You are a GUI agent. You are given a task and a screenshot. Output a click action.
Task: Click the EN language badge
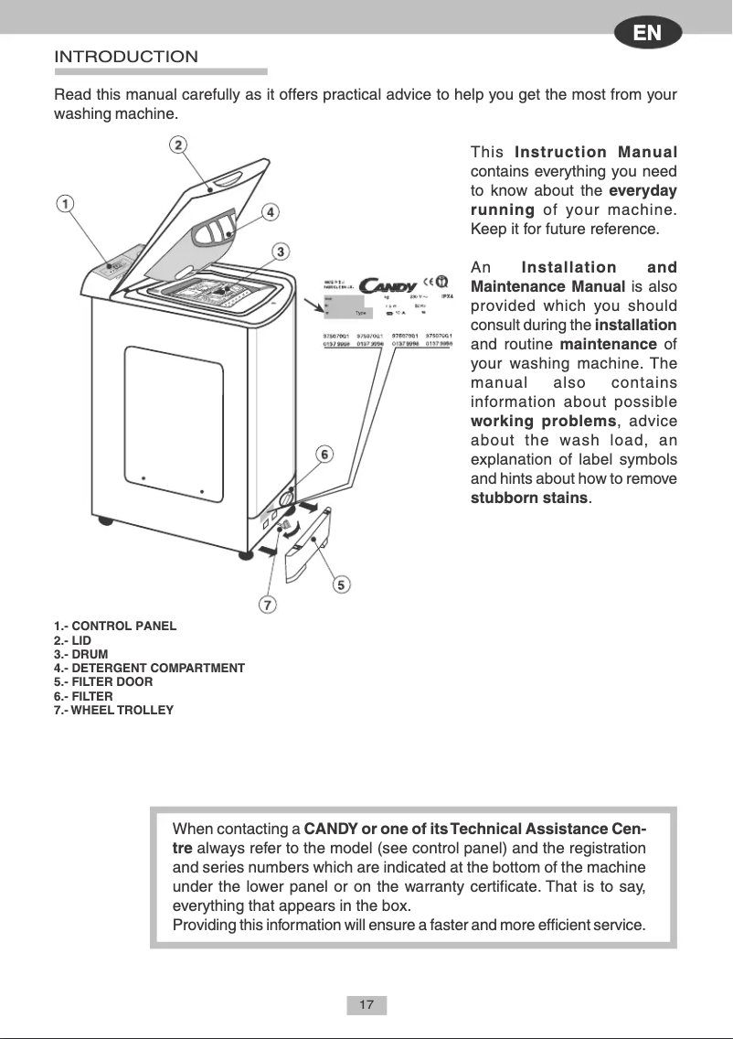click(648, 34)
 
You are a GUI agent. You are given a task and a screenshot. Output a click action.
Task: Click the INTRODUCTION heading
click(126, 57)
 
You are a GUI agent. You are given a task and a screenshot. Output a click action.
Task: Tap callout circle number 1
click(66, 203)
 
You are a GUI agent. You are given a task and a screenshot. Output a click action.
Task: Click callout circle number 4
click(271, 211)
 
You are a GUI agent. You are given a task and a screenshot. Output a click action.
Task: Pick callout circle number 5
click(341, 584)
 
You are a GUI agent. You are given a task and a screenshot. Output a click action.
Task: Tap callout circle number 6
click(324, 454)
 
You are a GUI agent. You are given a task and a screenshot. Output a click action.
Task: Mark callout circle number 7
click(267, 605)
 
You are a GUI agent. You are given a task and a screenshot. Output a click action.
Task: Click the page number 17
click(366, 1006)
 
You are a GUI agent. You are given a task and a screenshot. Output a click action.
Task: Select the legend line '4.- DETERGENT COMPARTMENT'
click(150, 669)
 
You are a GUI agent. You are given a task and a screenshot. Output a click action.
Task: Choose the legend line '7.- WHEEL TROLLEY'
click(114, 710)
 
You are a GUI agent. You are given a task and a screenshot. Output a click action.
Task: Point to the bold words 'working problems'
click(541, 421)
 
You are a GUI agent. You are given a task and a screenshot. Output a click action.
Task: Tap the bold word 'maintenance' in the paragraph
click(608, 344)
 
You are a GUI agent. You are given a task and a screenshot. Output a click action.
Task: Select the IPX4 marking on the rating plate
click(448, 296)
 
